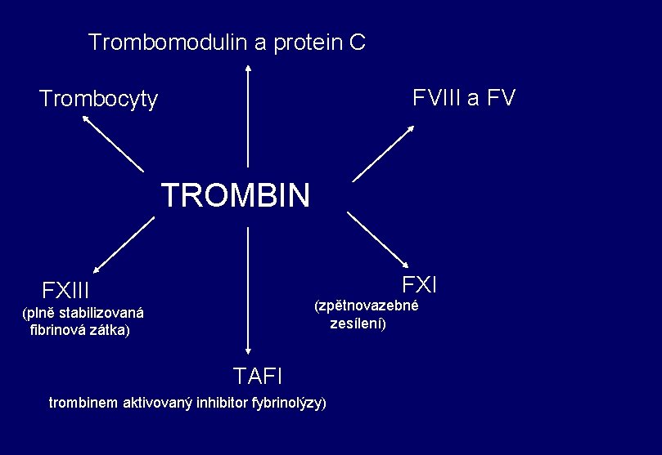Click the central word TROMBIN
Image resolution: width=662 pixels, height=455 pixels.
pyautogui.click(x=236, y=196)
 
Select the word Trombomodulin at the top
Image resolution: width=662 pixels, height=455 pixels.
pyautogui.click(x=168, y=42)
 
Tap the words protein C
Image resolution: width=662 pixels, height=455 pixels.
pyautogui.click(x=321, y=42)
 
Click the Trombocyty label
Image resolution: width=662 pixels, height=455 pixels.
pyautogui.click(x=99, y=100)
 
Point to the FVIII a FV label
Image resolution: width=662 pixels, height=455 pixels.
pyautogui.click(x=464, y=99)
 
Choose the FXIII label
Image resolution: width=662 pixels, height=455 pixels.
pyautogui.click(x=65, y=291)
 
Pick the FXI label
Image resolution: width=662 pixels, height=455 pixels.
pyautogui.click(x=420, y=284)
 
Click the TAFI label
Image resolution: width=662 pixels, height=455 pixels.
pyautogui.click(x=258, y=376)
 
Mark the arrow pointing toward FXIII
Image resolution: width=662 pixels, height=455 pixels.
pyautogui.click(x=124, y=243)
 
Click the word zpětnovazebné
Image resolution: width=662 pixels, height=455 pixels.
pyautogui.click(x=367, y=306)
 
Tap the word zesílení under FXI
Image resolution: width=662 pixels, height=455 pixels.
pyautogui.click(x=358, y=323)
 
